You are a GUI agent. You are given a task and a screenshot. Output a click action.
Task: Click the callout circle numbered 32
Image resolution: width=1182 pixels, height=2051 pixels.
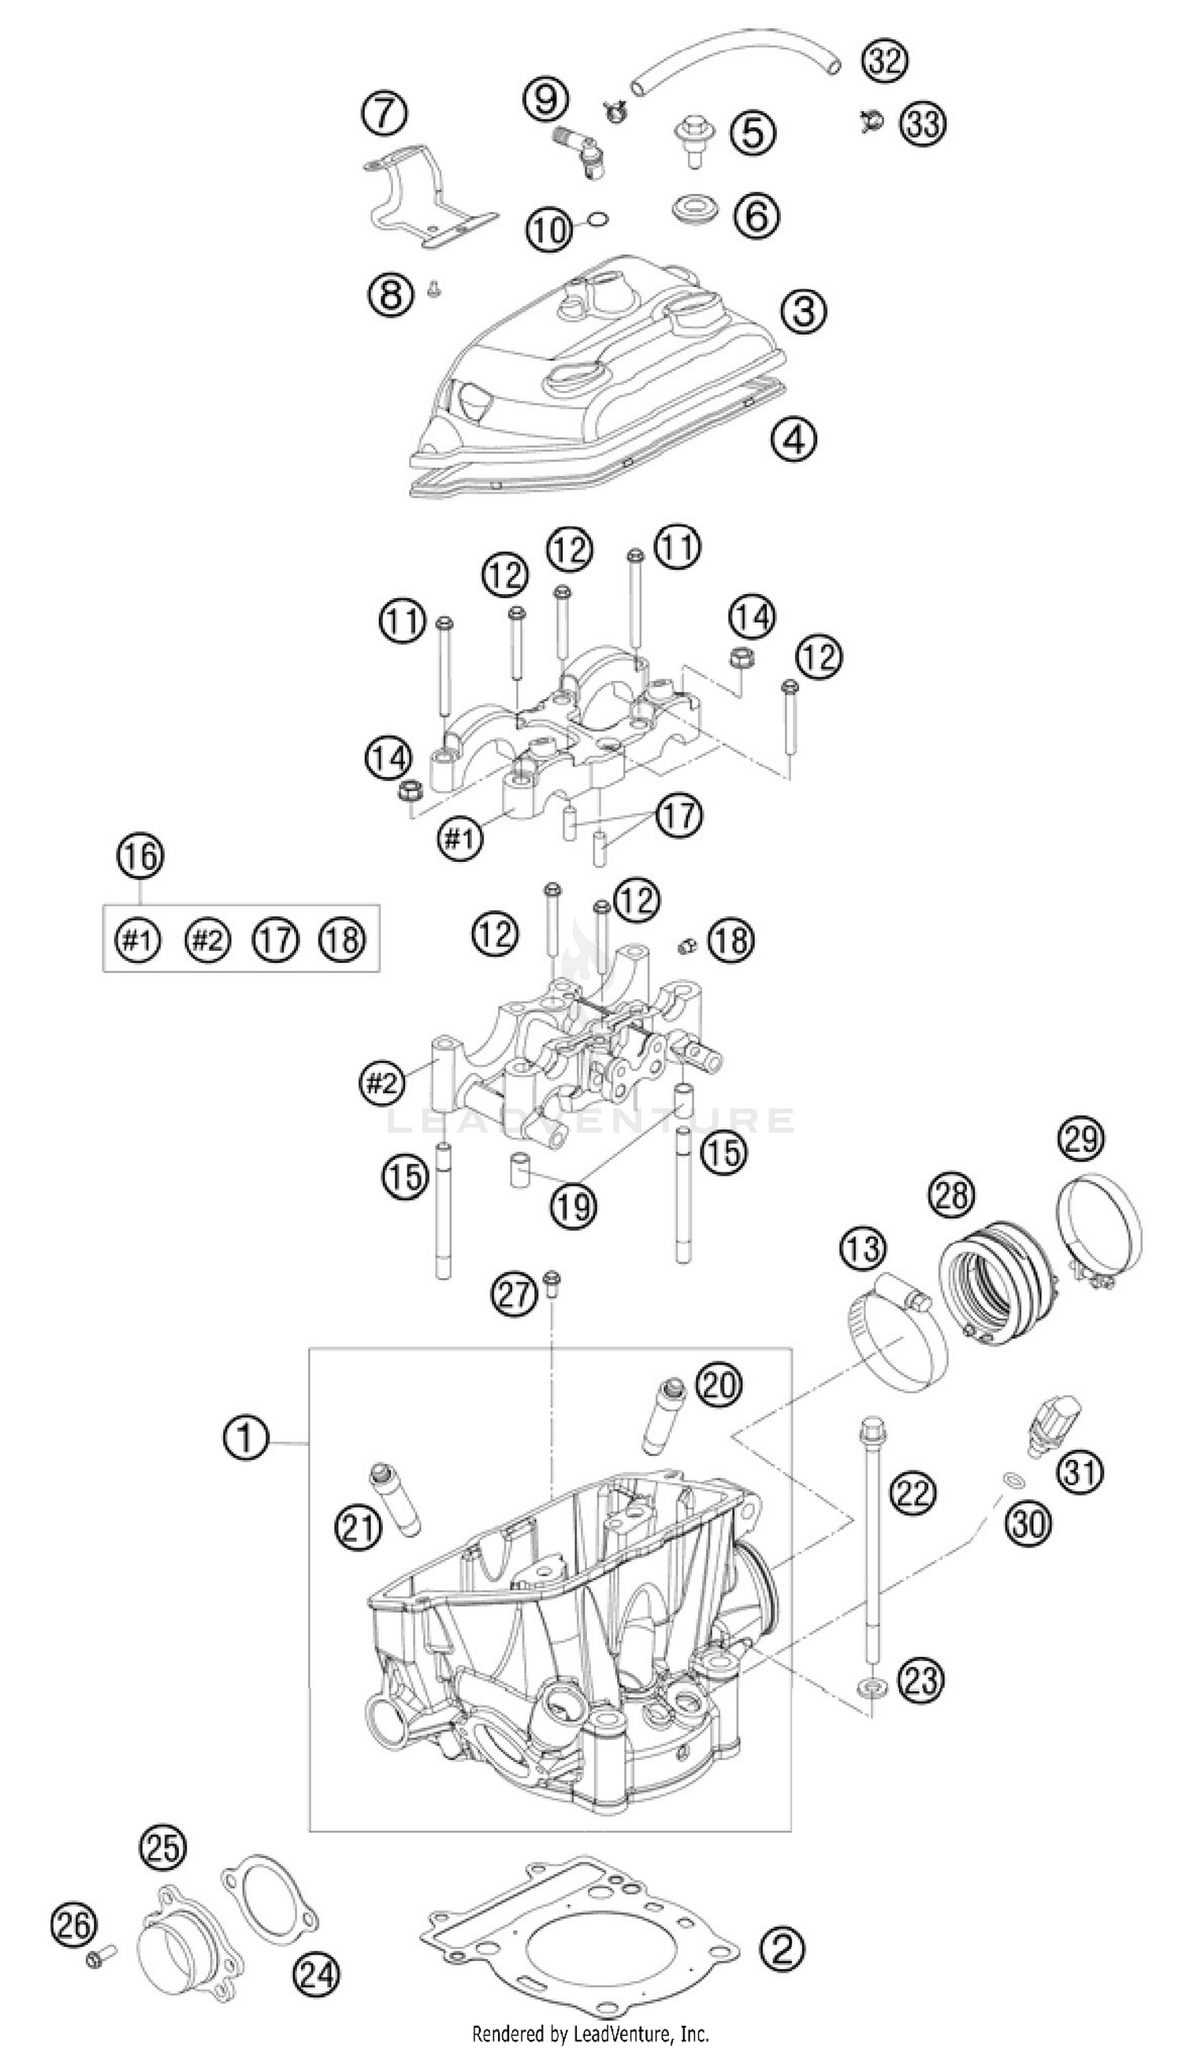click(x=884, y=60)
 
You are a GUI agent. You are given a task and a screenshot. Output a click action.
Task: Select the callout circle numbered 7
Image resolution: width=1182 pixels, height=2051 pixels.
click(x=385, y=114)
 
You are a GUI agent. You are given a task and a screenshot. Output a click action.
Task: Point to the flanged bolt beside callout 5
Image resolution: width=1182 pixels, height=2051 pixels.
click(x=693, y=136)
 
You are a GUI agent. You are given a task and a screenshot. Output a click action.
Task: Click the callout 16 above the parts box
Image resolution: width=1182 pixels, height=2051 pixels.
click(x=139, y=879)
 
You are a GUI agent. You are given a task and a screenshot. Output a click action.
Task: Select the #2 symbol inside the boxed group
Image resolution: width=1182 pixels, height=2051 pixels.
click(x=207, y=940)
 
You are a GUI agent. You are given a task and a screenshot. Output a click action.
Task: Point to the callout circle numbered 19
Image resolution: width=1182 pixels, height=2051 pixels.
click(x=573, y=1206)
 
